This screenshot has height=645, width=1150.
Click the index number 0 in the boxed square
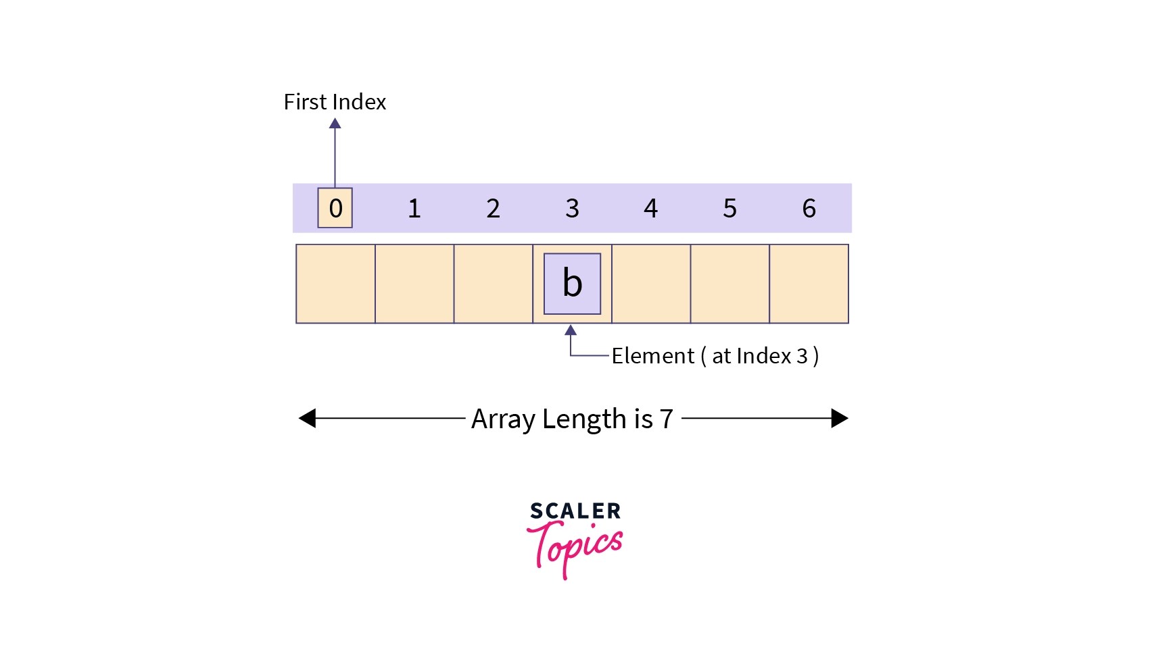click(x=335, y=208)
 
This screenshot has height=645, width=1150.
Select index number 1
click(x=414, y=208)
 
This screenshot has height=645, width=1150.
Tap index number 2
click(x=494, y=208)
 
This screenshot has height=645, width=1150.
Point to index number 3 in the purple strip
click(x=572, y=208)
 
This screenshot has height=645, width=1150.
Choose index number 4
click(x=651, y=208)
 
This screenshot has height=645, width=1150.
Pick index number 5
click(x=729, y=208)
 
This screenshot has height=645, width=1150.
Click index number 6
click(x=809, y=208)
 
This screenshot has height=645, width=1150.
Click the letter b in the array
click(x=572, y=283)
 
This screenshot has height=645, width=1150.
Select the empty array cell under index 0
click(x=335, y=284)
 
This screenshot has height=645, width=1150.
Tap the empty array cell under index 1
click(x=414, y=284)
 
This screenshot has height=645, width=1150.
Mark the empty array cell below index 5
click(x=729, y=284)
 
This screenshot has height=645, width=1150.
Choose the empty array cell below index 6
click(x=809, y=284)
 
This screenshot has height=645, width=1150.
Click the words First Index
click(x=335, y=102)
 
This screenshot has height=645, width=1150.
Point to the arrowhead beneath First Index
click(x=335, y=123)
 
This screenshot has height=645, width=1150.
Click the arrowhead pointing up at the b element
click(x=571, y=330)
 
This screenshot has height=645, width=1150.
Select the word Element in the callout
click(x=652, y=356)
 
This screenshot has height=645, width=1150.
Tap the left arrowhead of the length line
click(x=307, y=418)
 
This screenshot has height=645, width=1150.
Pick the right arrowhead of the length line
click(x=840, y=418)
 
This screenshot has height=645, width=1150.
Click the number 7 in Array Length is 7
click(x=667, y=419)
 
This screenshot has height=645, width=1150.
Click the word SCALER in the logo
click(x=575, y=511)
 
